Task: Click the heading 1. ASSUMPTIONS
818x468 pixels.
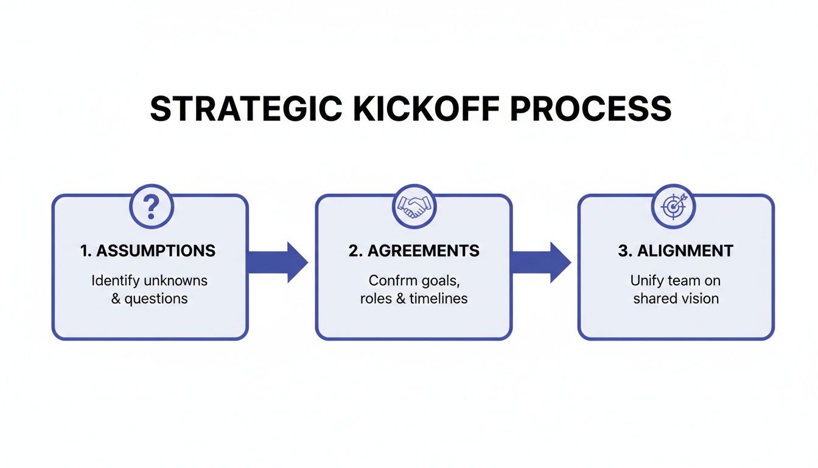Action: (148, 250)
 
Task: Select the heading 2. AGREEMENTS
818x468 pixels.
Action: (413, 250)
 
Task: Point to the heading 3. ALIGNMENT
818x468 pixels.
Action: (676, 250)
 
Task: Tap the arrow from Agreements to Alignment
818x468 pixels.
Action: (541, 262)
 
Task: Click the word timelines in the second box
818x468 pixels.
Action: (438, 299)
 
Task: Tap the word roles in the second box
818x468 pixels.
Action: (376, 299)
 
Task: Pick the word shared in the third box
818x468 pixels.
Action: (655, 299)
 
